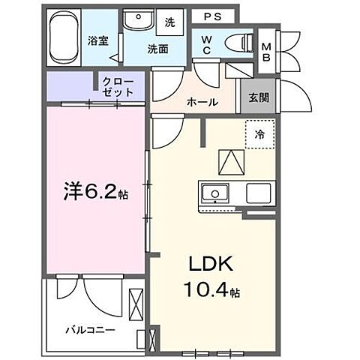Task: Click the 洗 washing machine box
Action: coord(170,23)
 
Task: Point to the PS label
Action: coord(211,14)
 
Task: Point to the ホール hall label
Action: coord(202,102)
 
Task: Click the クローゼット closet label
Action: coord(118,86)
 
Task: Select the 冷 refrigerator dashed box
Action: coord(259,136)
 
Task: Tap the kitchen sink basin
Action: coord(215,194)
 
